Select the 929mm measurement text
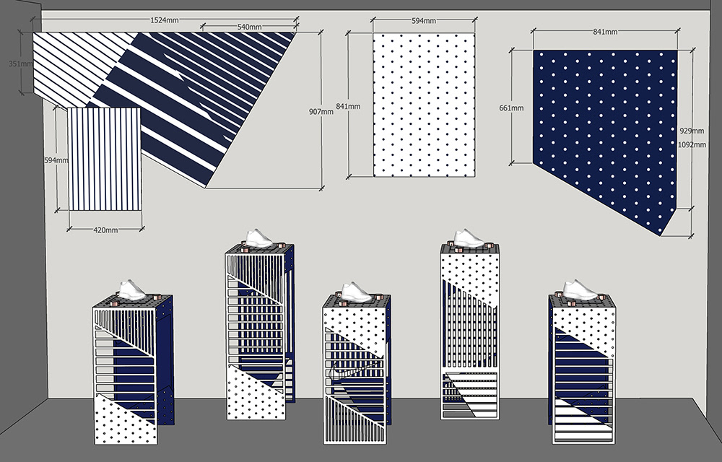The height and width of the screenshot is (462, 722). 692,131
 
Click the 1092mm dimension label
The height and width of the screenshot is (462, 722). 692,144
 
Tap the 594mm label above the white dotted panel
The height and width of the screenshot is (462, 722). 424,21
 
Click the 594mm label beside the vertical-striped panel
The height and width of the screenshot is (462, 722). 56,160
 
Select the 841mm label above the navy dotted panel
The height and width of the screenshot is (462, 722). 604,32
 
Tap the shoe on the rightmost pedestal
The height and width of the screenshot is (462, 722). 580,289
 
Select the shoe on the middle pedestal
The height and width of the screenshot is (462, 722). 356,292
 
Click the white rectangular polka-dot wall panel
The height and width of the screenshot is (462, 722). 424,105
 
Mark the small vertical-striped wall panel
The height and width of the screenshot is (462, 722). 105,159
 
